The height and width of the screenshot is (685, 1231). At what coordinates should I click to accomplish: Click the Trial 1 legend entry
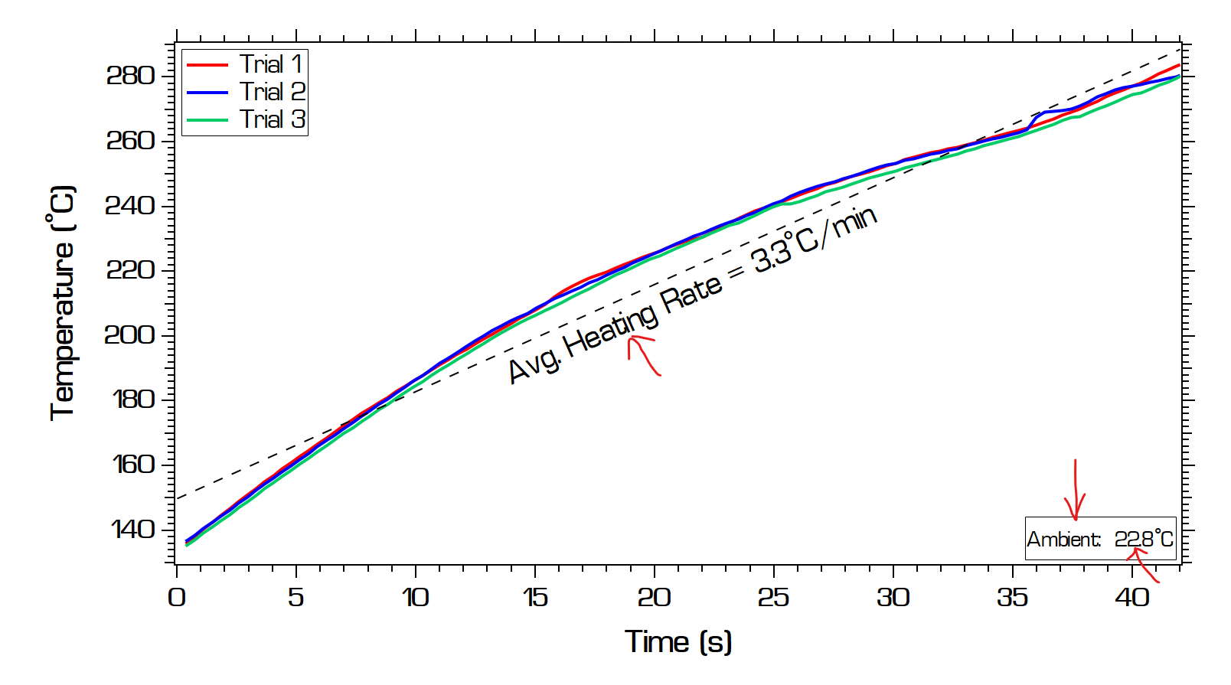[x=271, y=64]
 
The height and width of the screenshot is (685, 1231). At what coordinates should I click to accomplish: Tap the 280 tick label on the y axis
[x=130, y=76]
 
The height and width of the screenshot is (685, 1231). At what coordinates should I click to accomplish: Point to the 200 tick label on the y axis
[x=130, y=335]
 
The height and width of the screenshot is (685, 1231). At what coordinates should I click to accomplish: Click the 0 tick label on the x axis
[x=177, y=598]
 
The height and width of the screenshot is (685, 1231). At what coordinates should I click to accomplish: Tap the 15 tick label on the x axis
[x=534, y=598]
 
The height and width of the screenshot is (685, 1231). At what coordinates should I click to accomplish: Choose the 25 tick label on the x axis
[x=773, y=598]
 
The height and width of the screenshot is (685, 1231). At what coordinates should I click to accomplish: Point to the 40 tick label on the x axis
[x=1131, y=598]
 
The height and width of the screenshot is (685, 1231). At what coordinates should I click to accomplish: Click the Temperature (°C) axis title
[x=63, y=302]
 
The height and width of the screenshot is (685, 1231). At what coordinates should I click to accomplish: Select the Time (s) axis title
[x=678, y=641]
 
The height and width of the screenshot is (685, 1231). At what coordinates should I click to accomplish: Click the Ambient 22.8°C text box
[x=1100, y=539]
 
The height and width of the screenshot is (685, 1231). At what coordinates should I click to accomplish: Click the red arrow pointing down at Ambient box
[x=1076, y=490]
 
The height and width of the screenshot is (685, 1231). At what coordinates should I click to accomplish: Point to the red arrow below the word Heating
[x=642, y=354]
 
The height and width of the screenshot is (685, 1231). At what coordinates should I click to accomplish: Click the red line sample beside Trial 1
[x=207, y=65]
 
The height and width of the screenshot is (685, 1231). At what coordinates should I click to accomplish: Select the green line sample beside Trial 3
[x=207, y=120]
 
